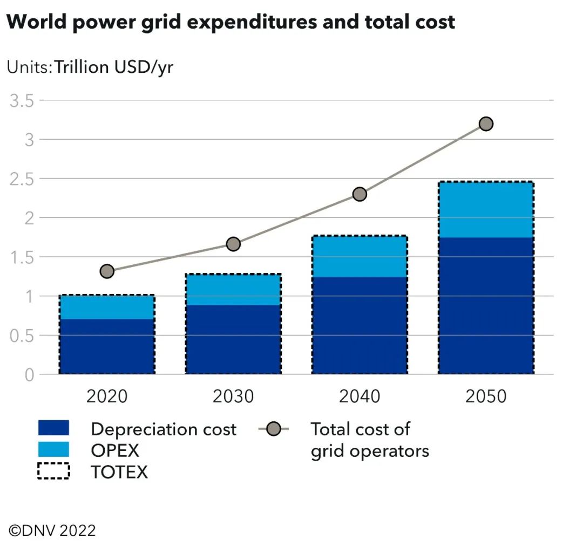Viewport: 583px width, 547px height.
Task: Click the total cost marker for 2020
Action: (107, 271)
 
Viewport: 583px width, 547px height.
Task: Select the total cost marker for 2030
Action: (233, 244)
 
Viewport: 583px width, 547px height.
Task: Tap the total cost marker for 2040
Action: (360, 194)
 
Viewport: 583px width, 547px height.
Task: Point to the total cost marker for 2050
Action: (486, 124)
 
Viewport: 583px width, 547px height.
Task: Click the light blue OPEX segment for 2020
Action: (107, 307)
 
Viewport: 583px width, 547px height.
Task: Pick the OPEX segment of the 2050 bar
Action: (486, 210)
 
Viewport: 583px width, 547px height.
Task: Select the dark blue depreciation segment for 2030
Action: (233, 339)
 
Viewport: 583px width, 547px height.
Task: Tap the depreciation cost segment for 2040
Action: (360, 325)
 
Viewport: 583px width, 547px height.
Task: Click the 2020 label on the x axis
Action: (107, 396)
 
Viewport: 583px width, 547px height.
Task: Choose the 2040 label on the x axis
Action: (360, 396)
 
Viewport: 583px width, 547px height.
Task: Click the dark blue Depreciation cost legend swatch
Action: (53, 428)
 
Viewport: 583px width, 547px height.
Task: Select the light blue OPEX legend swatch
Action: (53, 449)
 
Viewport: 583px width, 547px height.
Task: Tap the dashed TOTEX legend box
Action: (53, 471)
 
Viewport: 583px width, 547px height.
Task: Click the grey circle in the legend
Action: (274, 429)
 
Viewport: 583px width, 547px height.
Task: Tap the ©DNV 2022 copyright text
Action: (52, 530)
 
